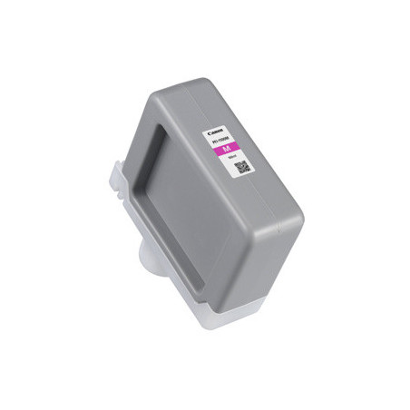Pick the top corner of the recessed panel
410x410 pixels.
[163, 128]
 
